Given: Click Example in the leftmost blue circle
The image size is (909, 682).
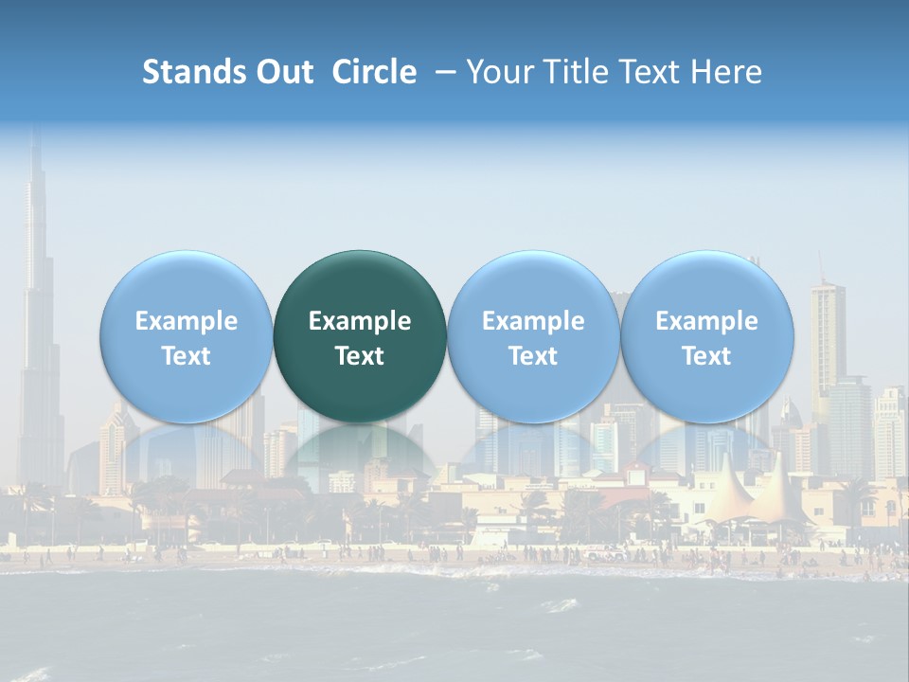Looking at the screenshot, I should click(186, 321).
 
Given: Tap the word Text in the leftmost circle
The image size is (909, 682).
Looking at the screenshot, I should click(186, 356).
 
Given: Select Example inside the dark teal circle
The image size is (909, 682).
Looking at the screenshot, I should click(360, 321).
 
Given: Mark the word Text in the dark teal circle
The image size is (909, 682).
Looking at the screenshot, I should click(360, 356).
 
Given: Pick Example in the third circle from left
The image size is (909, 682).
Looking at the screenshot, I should click(533, 321).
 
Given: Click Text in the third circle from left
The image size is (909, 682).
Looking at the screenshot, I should click(533, 356).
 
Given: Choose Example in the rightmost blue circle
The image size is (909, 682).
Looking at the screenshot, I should click(706, 321).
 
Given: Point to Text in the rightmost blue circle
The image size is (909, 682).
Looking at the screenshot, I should click(706, 356).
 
